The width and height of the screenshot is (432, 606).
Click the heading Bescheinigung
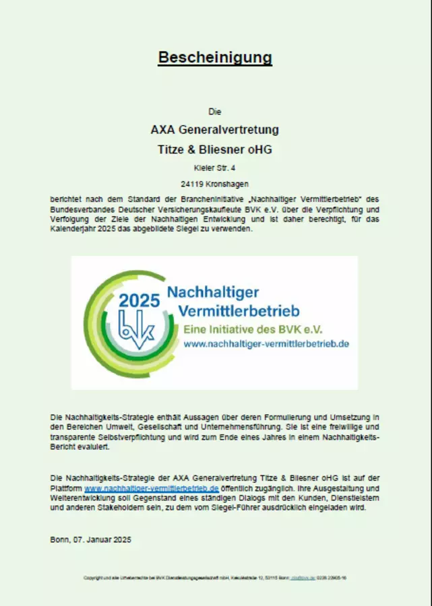click(x=215, y=57)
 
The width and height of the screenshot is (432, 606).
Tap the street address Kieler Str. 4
click(x=214, y=166)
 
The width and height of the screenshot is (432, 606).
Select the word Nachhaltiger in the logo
click(x=213, y=293)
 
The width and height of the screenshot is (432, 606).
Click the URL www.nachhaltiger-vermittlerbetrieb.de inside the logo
click(x=266, y=343)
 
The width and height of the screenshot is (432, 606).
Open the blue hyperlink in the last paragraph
click(x=152, y=487)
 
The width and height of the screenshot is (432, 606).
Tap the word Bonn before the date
click(x=60, y=540)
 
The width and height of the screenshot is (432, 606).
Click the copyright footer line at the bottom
click(x=215, y=578)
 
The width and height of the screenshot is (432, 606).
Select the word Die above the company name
click(x=215, y=112)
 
